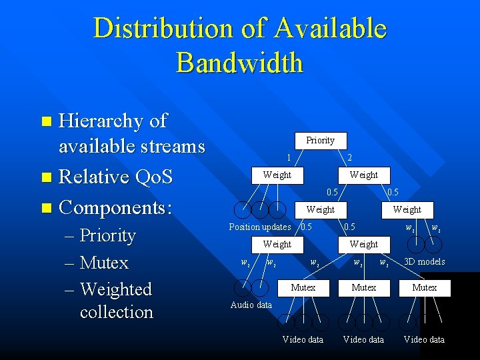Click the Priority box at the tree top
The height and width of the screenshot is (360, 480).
320,141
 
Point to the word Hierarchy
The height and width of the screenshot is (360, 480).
102,121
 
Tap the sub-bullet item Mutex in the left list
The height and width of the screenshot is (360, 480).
103,263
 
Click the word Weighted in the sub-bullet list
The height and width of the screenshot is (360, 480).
115,289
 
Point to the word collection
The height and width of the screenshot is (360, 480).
116,311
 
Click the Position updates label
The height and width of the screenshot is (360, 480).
259,227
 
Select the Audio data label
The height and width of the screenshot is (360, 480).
251,305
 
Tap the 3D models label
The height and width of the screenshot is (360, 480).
424,261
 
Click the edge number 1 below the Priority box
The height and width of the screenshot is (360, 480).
288,158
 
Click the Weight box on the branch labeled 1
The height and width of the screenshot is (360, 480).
277,175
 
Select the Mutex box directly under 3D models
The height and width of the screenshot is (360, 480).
424,288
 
